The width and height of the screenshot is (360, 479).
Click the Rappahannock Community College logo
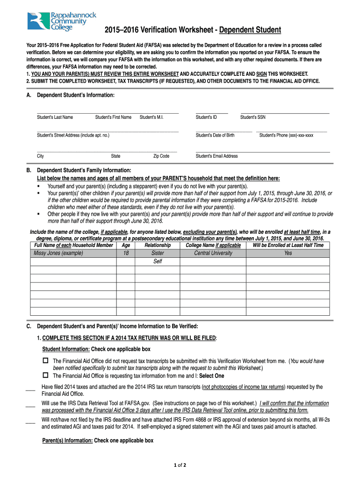tap(62, 21)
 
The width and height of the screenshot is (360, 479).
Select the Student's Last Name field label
tap(55, 117)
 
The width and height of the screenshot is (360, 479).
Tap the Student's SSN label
tap(253, 117)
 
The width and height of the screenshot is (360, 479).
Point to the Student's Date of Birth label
tap(215, 135)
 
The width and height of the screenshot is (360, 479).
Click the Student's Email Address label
tap(216, 156)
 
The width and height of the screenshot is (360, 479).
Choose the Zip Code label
tap(161, 156)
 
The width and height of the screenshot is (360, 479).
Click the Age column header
tap(126, 245)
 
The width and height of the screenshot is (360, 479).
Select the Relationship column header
tap(158, 245)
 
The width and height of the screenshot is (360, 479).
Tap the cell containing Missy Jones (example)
tap(58, 253)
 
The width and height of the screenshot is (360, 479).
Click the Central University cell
tap(213, 253)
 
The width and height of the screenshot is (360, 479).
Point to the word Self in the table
tap(158, 261)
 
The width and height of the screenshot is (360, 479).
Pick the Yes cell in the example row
tap(288, 253)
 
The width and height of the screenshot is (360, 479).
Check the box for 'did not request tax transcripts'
tap(45, 361)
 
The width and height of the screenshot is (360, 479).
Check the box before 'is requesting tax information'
tap(45, 375)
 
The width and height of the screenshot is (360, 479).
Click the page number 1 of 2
tap(180, 465)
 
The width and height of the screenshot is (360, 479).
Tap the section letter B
tap(29, 170)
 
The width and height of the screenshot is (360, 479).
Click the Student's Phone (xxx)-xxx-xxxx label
tap(286, 135)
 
